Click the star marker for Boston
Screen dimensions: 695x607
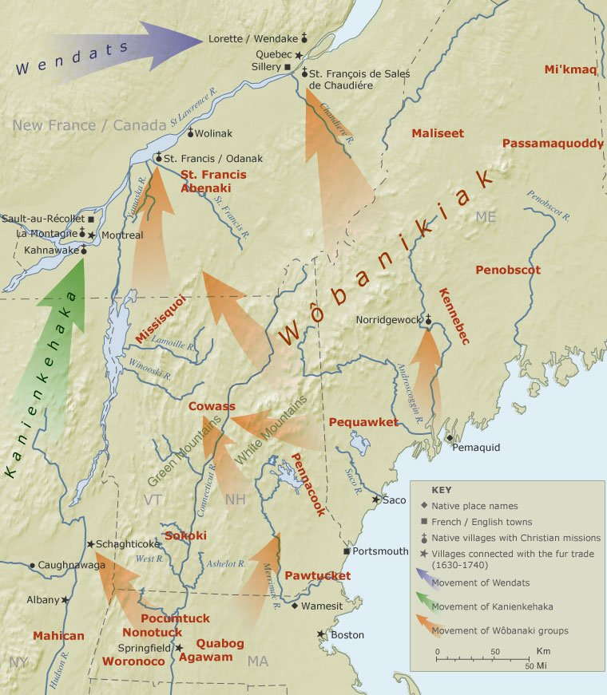click(321, 634)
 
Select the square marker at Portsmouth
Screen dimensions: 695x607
click(346, 551)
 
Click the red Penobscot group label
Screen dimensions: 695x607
click(508, 270)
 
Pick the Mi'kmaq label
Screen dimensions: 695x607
click(570, 70)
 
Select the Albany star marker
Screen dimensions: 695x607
click(65, 600)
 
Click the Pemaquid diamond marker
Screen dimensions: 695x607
click(450, 438)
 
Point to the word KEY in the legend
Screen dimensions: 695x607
click(442, 490)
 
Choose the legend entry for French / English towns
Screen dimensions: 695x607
click(476, 522)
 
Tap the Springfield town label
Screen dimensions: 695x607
click(144, 648)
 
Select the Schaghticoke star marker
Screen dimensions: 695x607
click(90, 543)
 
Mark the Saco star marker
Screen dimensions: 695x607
click(376, 500)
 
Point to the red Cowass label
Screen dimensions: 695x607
click(212, 406)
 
